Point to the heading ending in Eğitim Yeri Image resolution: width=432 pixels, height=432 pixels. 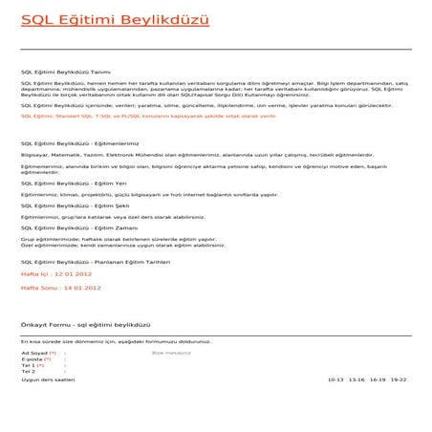tap(74, 183)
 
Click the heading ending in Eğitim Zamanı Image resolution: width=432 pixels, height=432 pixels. tap(77, 228)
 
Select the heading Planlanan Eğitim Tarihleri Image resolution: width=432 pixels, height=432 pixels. tap(96, 261)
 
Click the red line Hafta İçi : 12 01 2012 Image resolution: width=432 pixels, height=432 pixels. tap(56, 273)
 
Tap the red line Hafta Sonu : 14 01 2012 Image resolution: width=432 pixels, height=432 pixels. tap(61, 287)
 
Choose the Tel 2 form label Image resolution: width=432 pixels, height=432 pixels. tap(28, 372)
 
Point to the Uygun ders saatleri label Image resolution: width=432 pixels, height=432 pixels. tap(48, 379)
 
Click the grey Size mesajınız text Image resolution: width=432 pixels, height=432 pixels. tap(172, 353)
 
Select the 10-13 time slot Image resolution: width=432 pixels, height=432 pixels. tap(335, 379)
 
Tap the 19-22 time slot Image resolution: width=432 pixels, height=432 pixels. tap(398, 379)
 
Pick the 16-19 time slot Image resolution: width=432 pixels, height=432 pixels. tap(377, 379)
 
